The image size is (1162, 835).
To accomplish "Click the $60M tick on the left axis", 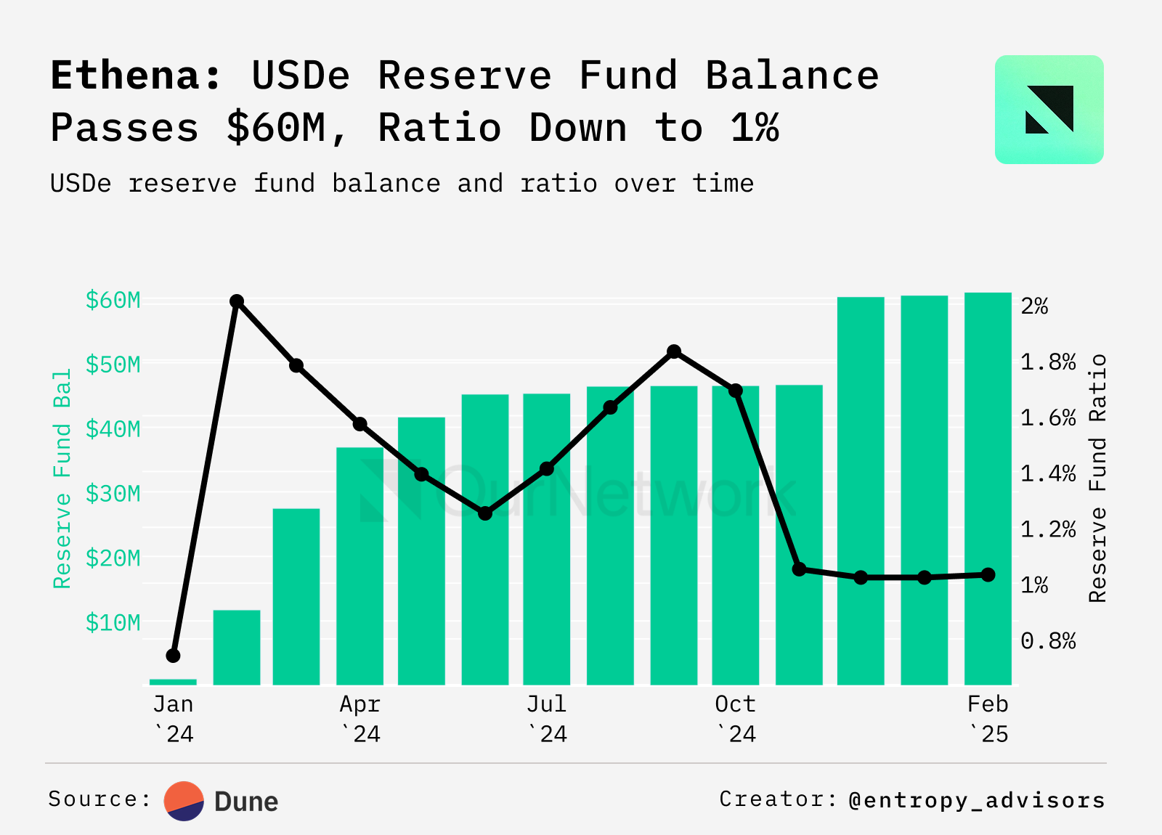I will (x=113, y=300).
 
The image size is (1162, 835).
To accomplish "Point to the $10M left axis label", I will (x=113, y=623).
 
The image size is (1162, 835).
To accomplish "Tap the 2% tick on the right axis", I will (x=1034, y=306).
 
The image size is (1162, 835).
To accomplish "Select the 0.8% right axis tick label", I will (x=1047, y=640).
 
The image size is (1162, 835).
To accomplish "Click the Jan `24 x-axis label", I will (x=173, y=719).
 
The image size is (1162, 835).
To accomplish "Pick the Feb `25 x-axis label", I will (x=988, y=719).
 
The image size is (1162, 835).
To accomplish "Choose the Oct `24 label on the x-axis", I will (x=735, y=719).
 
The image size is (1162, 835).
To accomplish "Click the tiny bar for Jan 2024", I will (x=173, y=682).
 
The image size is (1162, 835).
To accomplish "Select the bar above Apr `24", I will (x=359, y=566).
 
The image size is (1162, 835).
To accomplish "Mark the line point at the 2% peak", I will (x=236, y=301).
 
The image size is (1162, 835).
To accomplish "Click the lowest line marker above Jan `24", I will (x=173, y=656).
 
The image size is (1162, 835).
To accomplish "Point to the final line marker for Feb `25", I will (x=988, y=574).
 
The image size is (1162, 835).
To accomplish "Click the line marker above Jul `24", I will (x=547, y=469).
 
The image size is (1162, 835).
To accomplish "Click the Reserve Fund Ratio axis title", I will (x=1097, y=478).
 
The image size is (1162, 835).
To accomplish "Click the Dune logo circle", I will (x=184, y=801).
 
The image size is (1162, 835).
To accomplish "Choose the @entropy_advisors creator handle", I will (x=977, y=799).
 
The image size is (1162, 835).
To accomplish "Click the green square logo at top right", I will (x=1049, y=110).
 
